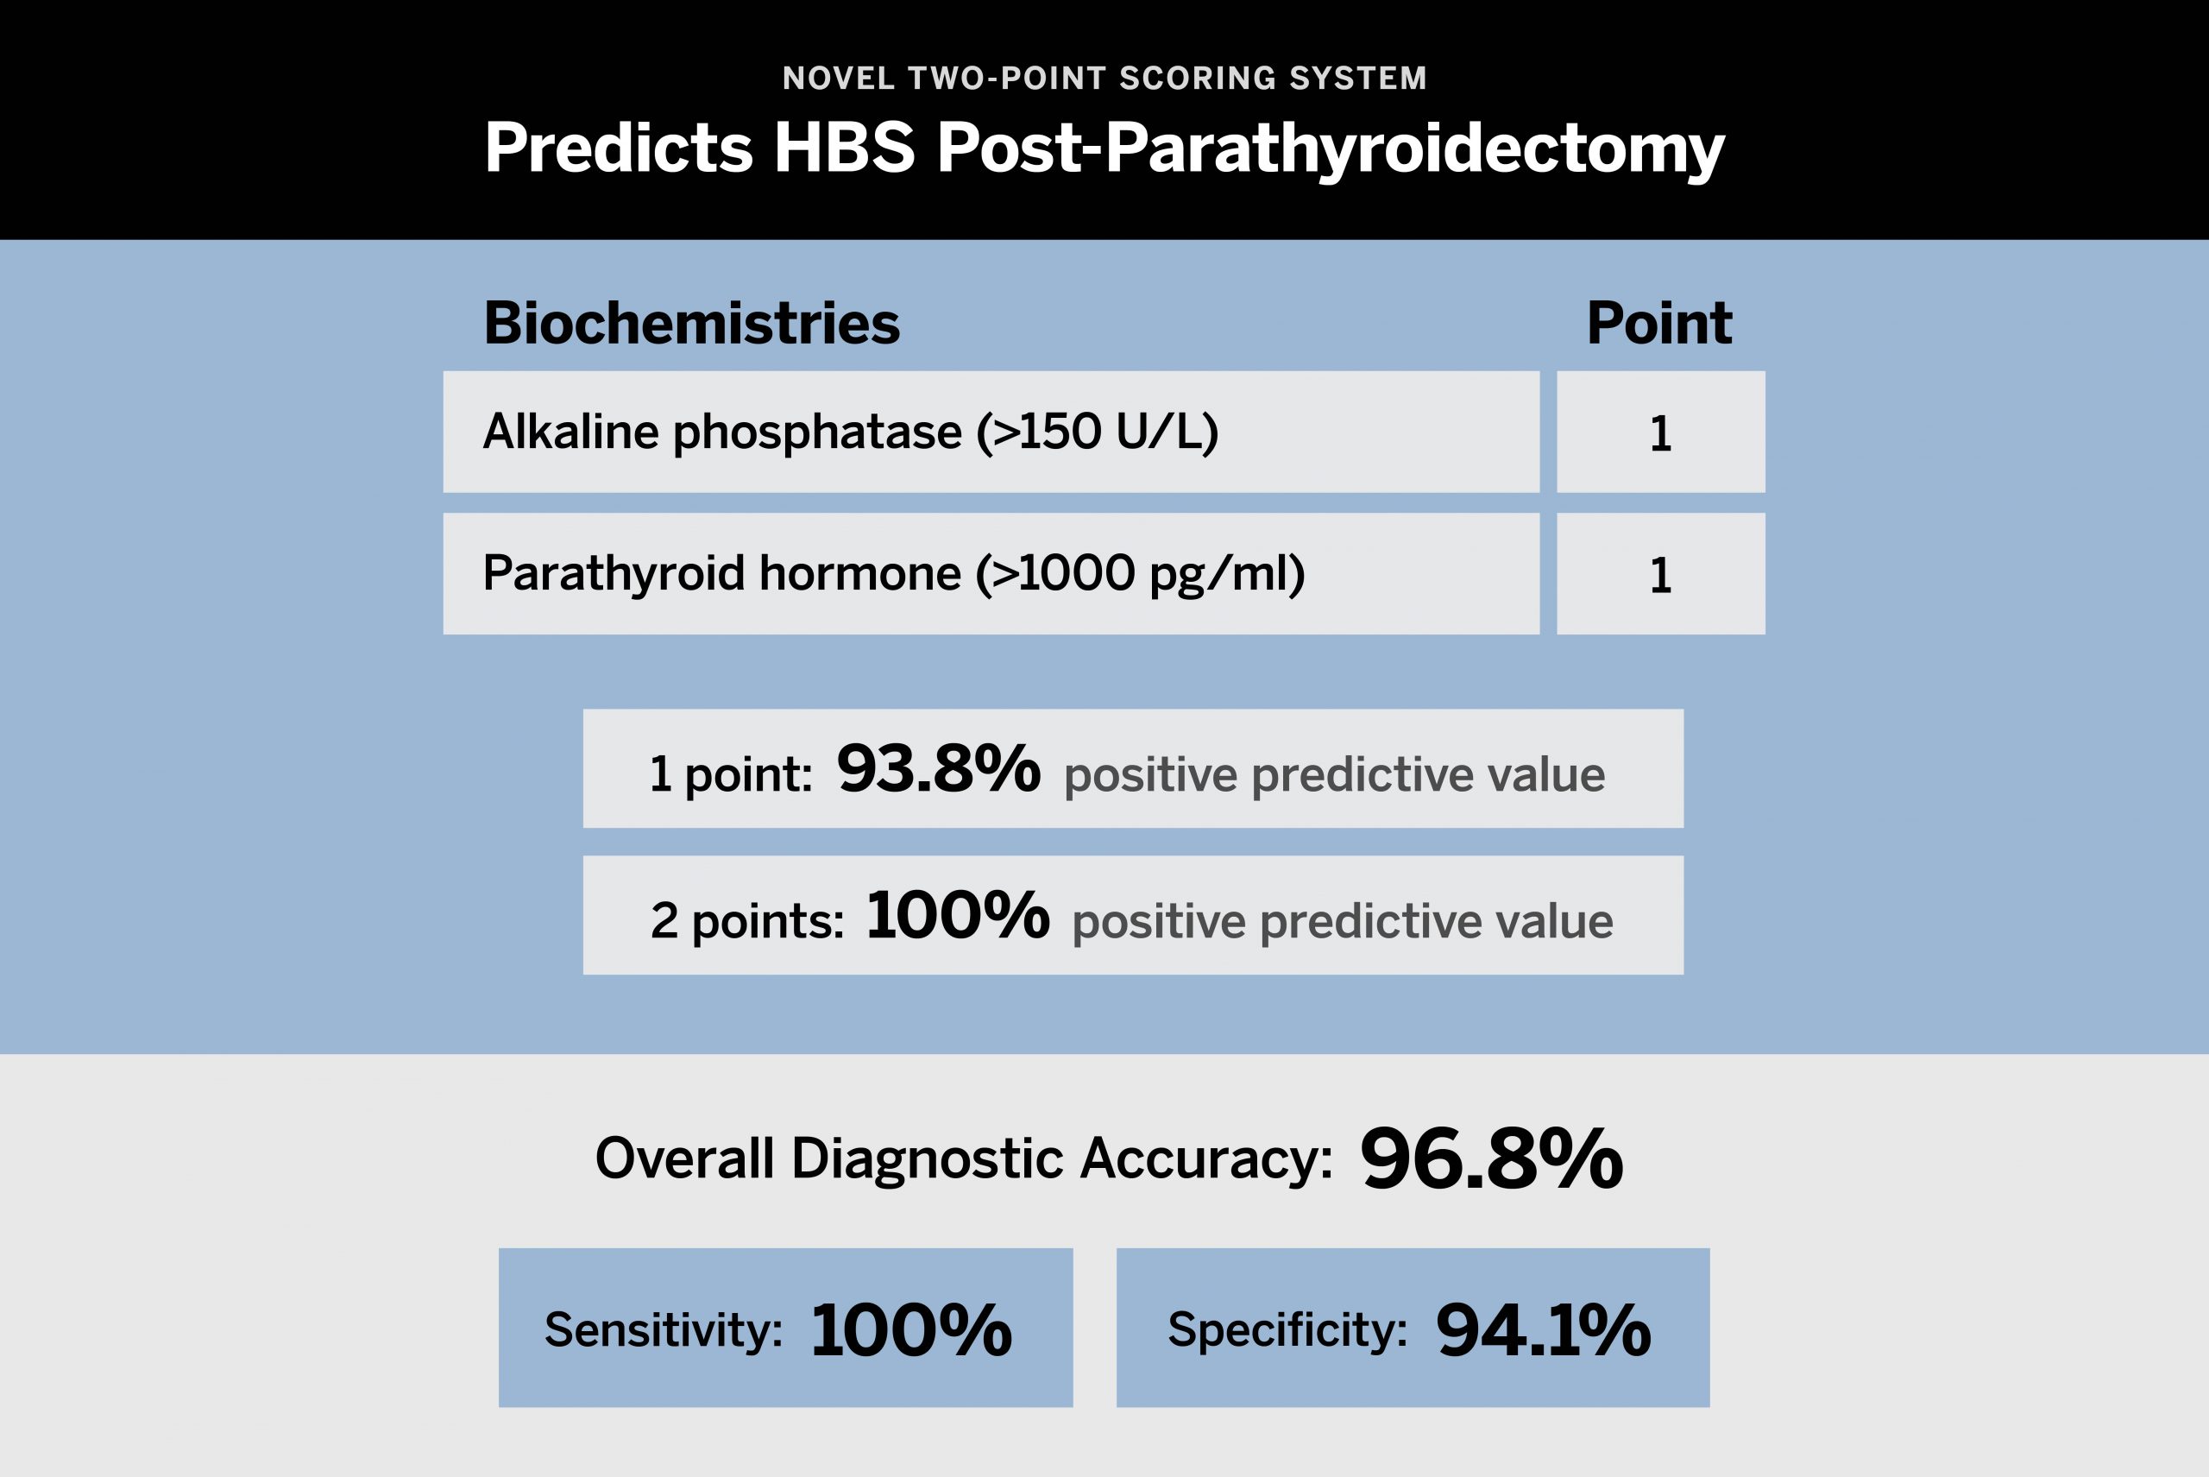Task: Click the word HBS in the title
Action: pos(844,147)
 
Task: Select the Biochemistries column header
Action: pos(692,323)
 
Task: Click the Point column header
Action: pos(1659,323)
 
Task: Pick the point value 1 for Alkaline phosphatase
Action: pos(1660,434)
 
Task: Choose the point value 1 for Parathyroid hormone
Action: pos(1660,576)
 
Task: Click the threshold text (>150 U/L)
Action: pos(1098,432)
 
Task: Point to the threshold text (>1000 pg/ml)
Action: pos(1140,574)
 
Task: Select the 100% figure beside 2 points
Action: pos(958,915)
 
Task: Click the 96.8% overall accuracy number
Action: pos(1491,1158)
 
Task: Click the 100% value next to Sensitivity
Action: pos(910,1330)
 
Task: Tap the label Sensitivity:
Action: pos(664,1330)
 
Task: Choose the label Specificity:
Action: pos(1288,1330)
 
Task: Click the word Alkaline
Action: pos(571,432)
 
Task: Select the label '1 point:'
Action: pos(731,774)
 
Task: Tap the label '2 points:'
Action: pos(747,920)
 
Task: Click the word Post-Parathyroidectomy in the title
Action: pos(1331,148)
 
